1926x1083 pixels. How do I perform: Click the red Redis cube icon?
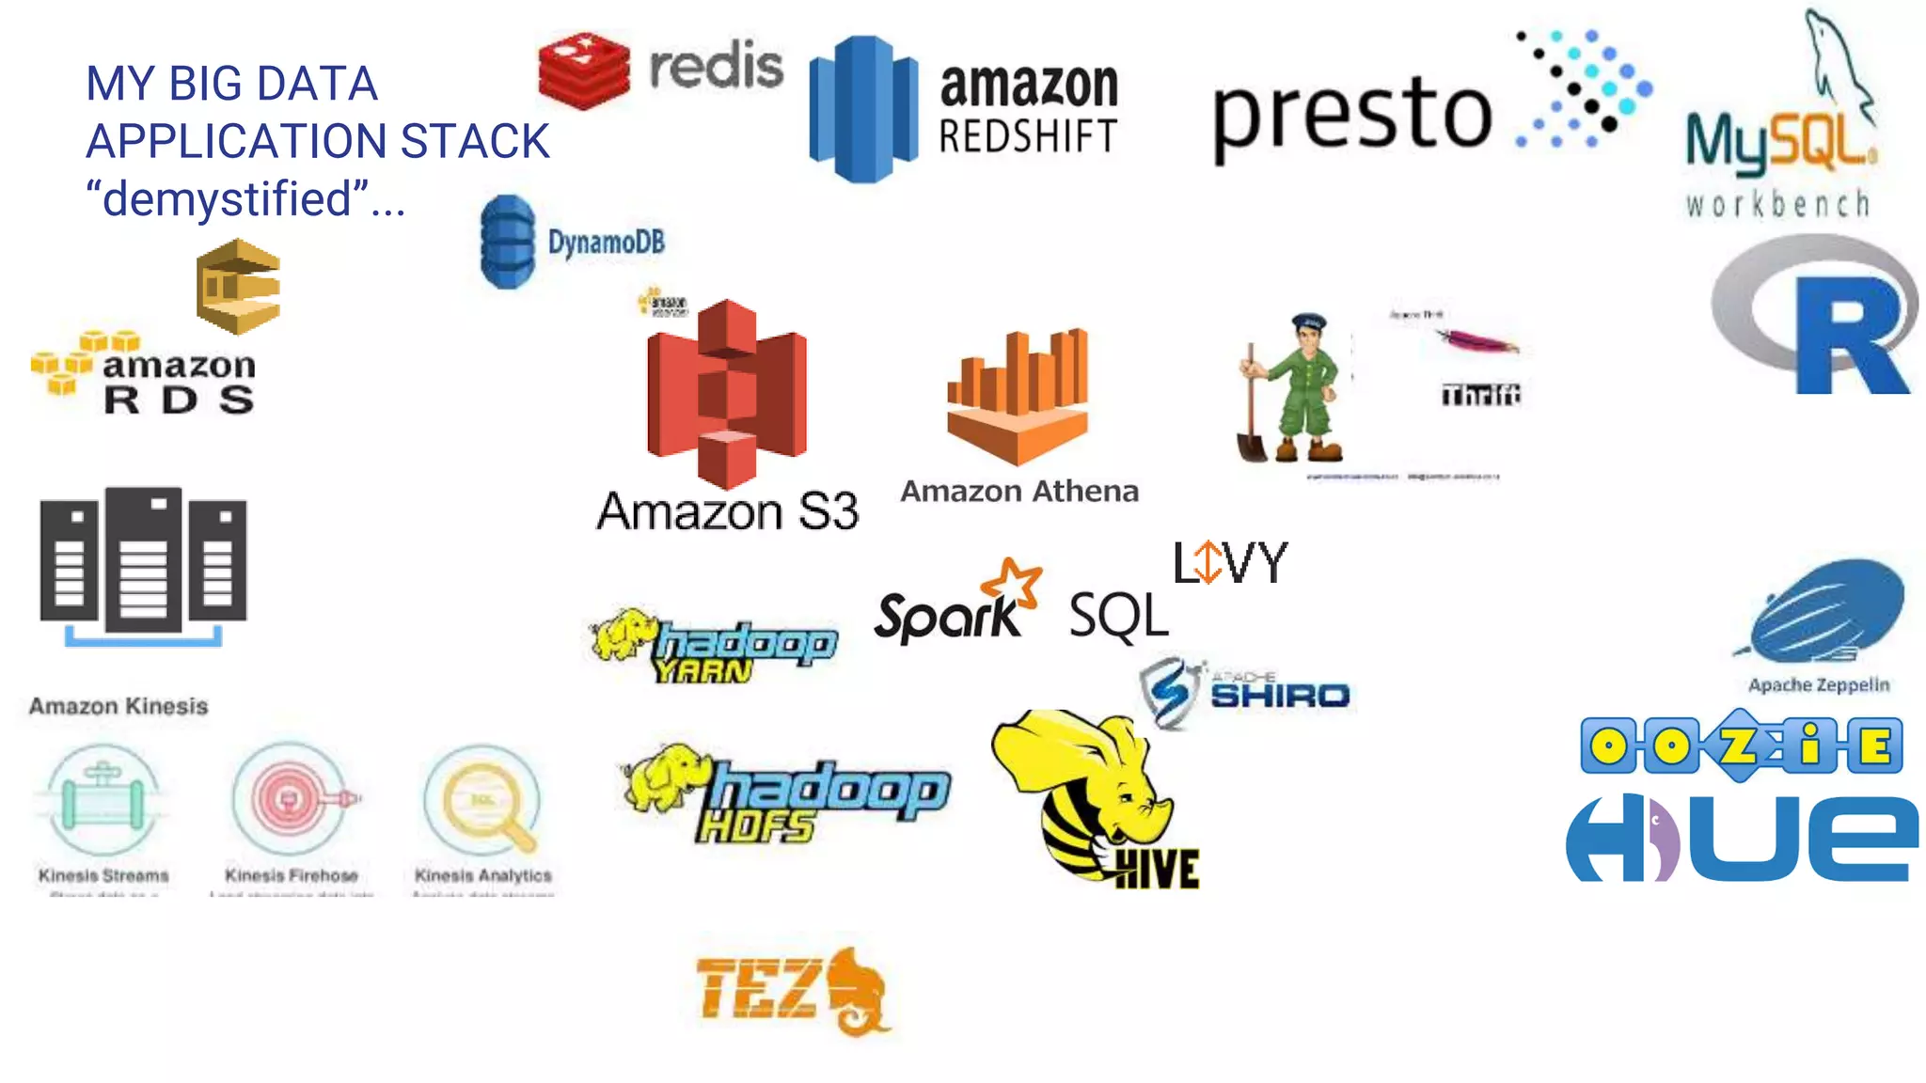[x=583, y=71]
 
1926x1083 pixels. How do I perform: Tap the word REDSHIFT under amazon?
[x=1028, y=137]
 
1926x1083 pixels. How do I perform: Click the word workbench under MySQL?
[x=1777, y=204]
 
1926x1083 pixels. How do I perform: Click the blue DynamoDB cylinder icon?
[x=507, y=242]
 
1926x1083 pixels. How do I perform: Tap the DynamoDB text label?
[x=606, y=243]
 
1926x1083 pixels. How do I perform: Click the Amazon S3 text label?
[x=727, y=511]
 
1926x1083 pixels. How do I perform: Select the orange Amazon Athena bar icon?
[x=1018, y=395]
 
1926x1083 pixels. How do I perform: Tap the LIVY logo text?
[x=1229, y=563]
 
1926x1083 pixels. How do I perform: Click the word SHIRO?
[x=1279, y=696]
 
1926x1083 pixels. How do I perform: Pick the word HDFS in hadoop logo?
[x=755, y=827]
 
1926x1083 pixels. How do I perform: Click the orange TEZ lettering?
[x=757, y=988]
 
